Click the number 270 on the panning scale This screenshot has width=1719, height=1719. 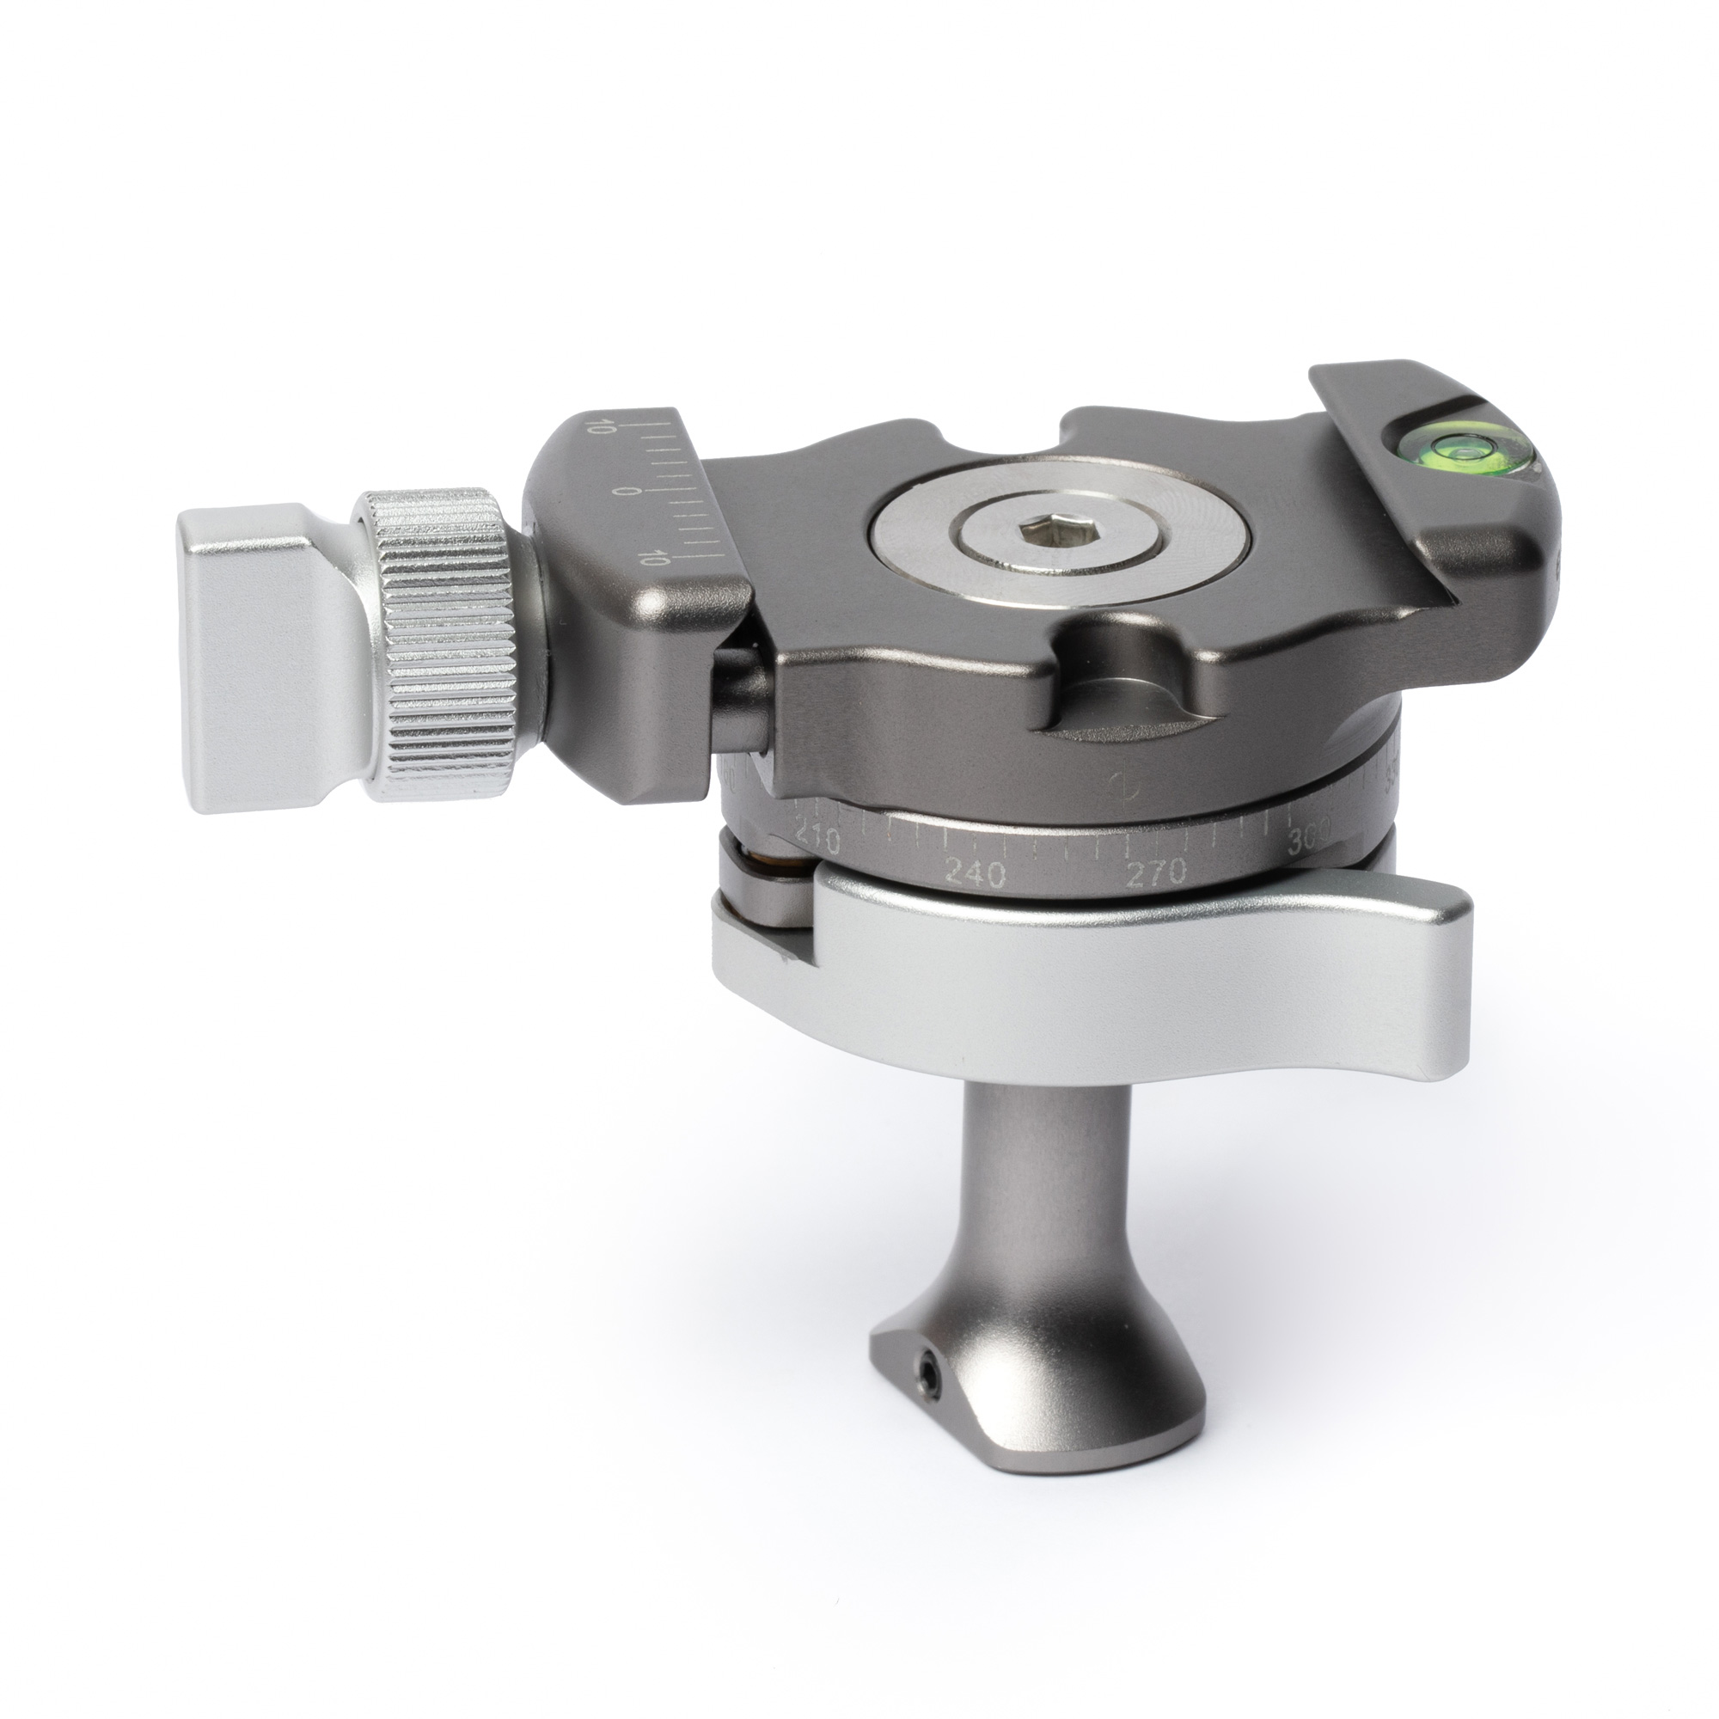[1156, 874]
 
